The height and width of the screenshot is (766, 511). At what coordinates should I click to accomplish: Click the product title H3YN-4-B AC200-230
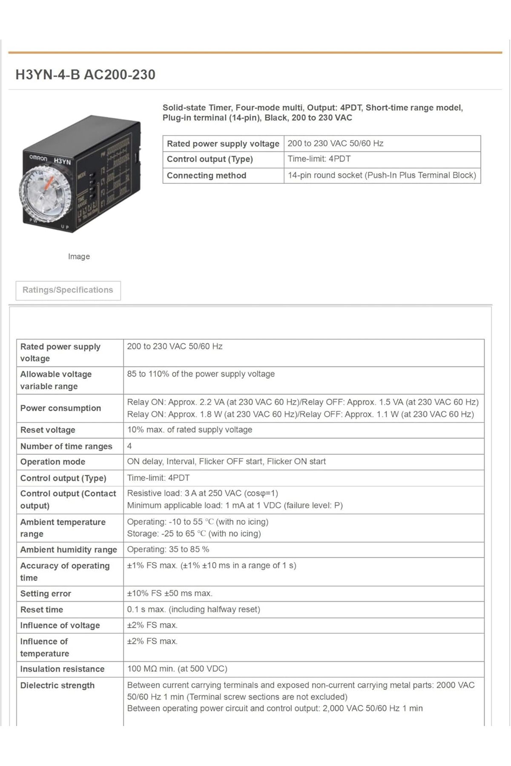coord(85,74)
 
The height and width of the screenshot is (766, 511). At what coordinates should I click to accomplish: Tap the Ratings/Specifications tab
coord(68,290)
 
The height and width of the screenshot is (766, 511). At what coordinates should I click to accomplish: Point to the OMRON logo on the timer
coord(38,158)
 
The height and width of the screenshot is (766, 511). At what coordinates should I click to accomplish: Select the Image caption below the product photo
coord(79,257)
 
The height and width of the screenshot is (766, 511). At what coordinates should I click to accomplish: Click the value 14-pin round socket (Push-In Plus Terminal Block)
coord(382,175)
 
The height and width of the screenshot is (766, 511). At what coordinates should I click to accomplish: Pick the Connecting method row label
coord(207,175)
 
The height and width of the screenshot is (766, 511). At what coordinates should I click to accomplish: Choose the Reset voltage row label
coord(48,430)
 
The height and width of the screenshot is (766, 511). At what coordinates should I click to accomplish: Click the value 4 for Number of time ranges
coord(129,446)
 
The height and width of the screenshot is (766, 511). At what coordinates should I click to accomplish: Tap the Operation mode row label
coord(53,462)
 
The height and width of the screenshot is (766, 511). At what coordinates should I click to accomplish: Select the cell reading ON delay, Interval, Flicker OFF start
coord(226,462)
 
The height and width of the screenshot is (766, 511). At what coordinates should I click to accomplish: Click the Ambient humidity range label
coord(69,550)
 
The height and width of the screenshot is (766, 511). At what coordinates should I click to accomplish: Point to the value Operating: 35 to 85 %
coord(168,549)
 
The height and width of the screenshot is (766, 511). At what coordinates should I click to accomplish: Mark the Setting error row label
coord(46,594)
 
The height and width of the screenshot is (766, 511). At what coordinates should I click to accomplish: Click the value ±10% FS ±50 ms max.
coord(169,593)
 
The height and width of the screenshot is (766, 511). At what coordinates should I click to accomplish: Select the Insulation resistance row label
coord(62,669)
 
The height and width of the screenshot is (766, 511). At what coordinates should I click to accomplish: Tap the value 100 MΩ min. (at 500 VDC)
coord(177,669)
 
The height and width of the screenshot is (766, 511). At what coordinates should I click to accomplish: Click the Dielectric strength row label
coord(57,686)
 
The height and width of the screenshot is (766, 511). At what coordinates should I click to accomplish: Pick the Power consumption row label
coord(60,408)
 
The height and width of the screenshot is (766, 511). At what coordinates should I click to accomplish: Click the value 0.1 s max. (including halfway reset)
coord(193,609)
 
